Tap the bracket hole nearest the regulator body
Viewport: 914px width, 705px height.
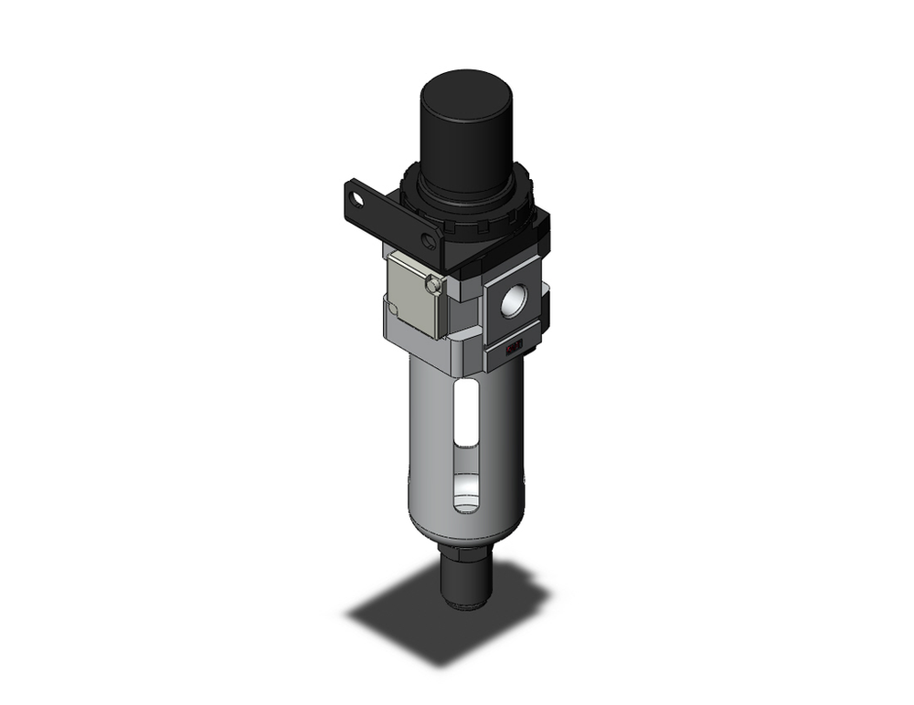(428, 239)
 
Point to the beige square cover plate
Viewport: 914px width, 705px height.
(410, 292)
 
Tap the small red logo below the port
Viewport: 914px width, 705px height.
(514, 346)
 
